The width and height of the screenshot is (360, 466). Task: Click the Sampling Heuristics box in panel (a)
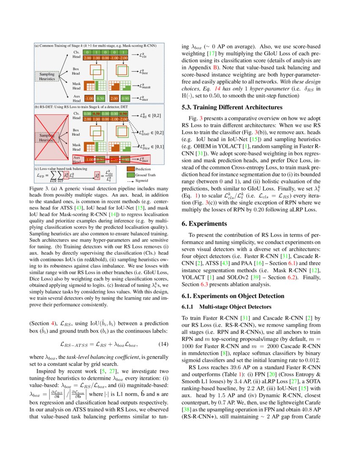point(44,76)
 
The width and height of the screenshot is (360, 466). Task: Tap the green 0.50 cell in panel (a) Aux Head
point(100,98)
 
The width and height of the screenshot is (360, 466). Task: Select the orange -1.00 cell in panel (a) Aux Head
point(89,98)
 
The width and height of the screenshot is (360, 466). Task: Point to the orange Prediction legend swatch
point(133,169)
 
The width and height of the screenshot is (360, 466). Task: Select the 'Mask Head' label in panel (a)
point(76,86)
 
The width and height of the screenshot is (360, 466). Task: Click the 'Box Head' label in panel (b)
point(76,132)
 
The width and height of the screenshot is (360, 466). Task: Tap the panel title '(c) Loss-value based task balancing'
point(63,168)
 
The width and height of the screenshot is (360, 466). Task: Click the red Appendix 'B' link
point(215,67)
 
